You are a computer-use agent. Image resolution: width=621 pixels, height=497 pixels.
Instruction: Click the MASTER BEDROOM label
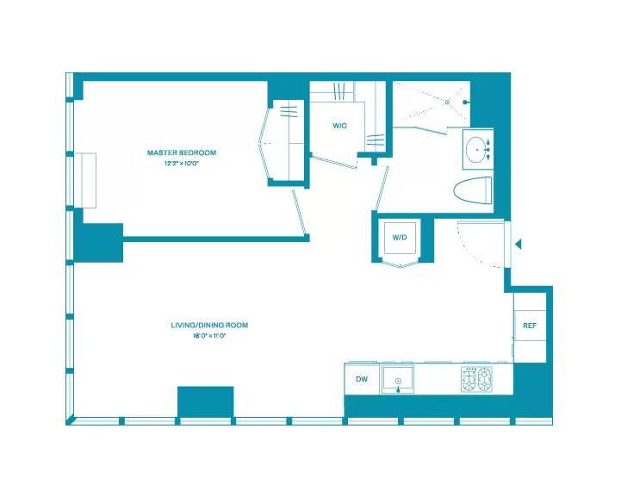click(x=181, y=152)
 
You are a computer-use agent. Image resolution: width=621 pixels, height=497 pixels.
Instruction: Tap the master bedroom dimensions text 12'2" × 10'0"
click(x=181, y=163)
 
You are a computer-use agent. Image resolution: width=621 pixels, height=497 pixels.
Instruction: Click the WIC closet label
click(x=339, y=127)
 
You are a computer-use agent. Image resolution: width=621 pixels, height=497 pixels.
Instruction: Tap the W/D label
click(x=400, y=237)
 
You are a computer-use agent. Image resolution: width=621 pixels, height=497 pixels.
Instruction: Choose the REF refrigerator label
click(x=530, y=326)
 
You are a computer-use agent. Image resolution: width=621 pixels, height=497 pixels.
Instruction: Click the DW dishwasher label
click(x=361, y=377)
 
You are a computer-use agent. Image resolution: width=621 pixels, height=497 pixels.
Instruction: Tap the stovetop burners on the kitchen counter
click(x=477, y=378)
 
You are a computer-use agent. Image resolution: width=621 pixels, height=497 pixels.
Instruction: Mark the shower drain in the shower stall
click(x=448, y=102)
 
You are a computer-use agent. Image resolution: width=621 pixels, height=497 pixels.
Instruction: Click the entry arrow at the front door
click(x=518, y=245)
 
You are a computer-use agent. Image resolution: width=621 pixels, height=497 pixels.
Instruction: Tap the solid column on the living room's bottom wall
click(x=205, y=401)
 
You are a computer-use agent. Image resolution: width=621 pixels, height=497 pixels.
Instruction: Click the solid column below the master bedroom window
click(x=99, y=242)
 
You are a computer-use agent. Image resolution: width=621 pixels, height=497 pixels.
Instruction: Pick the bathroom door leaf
click(x=380, y=185)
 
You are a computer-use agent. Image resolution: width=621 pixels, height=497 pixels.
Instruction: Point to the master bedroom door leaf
click(x=300, y=211)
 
